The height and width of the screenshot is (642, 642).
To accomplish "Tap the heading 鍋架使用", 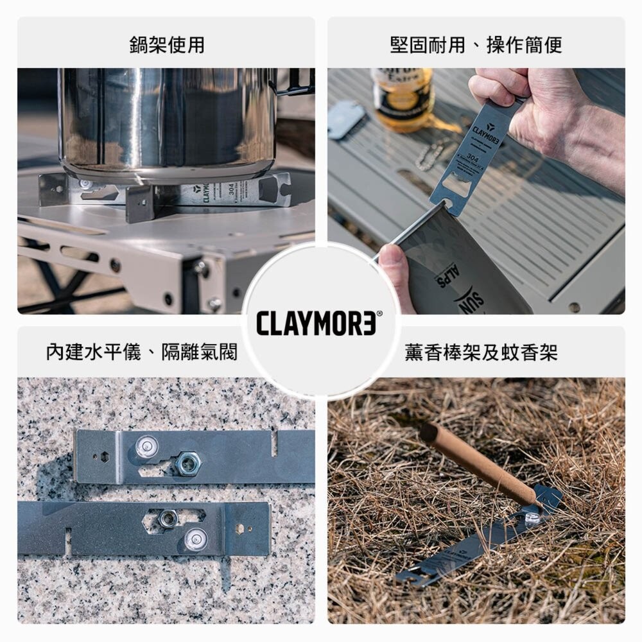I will pyautogui.click(x=167, y=45).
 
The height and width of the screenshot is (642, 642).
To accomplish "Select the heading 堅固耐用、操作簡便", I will pyautogui.click(x=476, y=45).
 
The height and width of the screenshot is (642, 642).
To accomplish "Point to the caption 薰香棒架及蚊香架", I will pyautogui.click(x=481, y=352).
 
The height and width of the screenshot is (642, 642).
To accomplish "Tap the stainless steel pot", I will pyautogui.click(x=167, y=122).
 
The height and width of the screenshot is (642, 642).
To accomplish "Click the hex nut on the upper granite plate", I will pyautogui.click(x=188, y=462).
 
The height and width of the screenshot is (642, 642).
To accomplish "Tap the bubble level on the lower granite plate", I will pyautogui.click(x=195, y=538).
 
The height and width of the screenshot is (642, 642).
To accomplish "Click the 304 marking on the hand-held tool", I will pyautogui.click(x=474, y=157).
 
